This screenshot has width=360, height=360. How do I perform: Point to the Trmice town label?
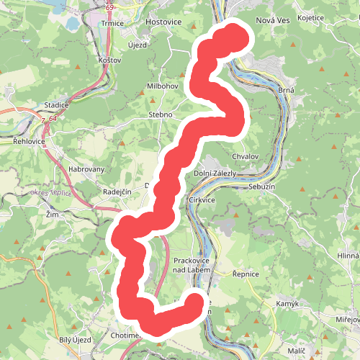click(x=113, y=23)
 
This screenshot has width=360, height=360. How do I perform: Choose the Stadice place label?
click(x=56, y=105)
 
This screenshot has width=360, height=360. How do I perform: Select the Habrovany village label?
click(x=86, y=170)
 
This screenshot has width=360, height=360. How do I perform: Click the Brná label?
click(x=287, y=90)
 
